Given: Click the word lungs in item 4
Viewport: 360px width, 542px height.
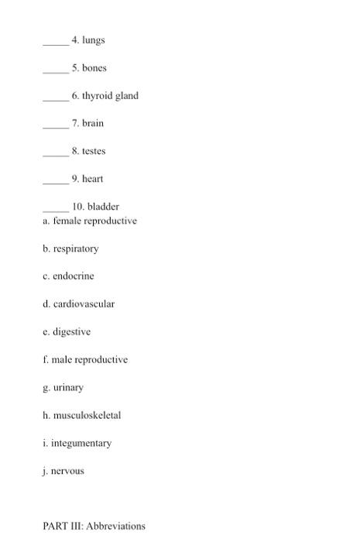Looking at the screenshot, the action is [94, 40].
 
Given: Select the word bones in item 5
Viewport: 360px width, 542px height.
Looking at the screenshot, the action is [94, 68].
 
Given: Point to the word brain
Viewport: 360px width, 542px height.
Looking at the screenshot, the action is [93, 124].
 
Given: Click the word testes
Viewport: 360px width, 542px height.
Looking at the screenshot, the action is [94, 152].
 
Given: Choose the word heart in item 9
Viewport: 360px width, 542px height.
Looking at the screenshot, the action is [93, 179].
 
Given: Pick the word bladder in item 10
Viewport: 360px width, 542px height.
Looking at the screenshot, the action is [103, 207].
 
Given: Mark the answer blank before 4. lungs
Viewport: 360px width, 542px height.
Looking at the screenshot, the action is [55, 43].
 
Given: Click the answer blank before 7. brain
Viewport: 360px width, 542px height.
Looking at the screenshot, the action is [55, 127].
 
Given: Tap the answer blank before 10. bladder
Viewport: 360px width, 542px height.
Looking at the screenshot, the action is [55, 210].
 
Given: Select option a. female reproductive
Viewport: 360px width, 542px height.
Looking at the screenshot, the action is [90, 221].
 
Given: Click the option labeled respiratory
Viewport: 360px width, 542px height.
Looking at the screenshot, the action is [71, 249].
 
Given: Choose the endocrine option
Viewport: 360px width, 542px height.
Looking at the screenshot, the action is [69, 276].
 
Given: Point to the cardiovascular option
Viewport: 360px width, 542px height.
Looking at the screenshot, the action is [79, 304].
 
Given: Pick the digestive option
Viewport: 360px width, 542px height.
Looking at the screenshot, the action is [67, 332].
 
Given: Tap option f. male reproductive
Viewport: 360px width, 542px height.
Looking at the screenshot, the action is [85, 360].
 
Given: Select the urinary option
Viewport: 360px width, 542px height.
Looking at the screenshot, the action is [63, 388].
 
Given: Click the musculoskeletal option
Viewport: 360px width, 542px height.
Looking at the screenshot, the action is [82, 416].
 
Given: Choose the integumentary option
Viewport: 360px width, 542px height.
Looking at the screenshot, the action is [77, 444].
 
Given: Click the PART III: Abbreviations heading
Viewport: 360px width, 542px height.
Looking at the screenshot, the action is [94, 527].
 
